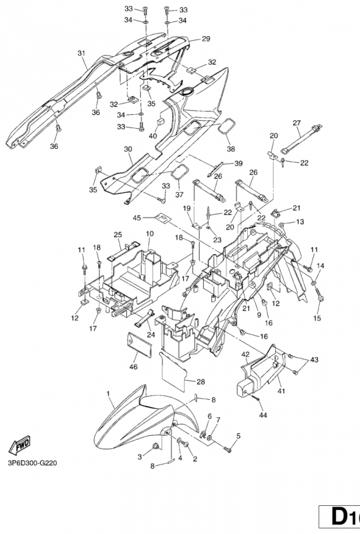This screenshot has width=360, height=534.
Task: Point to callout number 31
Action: click(x=81, y=53)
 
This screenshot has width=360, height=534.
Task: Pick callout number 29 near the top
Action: click(x=206, y=39)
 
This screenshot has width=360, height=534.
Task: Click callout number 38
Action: click(x=231, y=149)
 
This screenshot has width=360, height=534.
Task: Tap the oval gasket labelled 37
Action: click(x=178, y=174)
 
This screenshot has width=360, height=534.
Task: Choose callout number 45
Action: click(x=136, y=218)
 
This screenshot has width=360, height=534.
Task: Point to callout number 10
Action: click(x=150, y=234)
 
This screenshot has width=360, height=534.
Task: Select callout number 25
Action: click(x=117, y=234)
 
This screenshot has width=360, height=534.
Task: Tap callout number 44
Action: click(x=262, y=415)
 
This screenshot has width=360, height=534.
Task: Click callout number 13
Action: click(x=300, y=221)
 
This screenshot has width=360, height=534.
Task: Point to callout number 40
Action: click(x=153, y=136)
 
